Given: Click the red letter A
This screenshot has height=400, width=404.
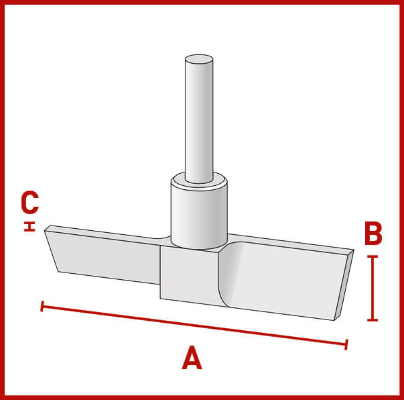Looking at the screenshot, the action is (192, 358).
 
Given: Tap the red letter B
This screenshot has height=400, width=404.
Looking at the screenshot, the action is (373, 234).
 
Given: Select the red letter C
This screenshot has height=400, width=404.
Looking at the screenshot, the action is (30, 203).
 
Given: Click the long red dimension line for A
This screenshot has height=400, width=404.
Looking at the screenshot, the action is (194, 325).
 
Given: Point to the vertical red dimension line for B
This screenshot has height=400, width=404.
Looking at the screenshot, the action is (373, 289).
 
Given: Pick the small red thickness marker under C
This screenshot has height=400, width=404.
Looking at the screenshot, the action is (29, 226).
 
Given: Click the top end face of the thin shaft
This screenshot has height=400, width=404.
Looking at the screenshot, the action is (199, 59).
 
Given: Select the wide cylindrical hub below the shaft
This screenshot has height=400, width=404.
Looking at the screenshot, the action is (199, 217).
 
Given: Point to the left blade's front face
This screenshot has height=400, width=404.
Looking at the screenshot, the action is (103, 257).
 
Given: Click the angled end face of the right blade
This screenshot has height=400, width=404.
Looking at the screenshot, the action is (344, 285).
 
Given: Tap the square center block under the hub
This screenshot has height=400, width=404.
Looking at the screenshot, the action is (190, 276).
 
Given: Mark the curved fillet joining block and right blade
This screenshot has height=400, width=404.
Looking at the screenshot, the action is (226, 274).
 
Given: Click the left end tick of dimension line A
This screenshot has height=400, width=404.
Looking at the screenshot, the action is (42, 306).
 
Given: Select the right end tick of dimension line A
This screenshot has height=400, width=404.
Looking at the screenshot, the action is (346, 344).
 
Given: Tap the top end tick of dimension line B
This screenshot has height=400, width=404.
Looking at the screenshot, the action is (373, 256).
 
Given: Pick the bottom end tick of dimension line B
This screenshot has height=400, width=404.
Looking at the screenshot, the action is (373, 320).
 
